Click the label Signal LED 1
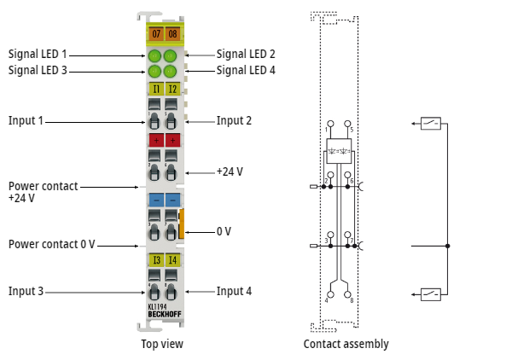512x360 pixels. point(38,54)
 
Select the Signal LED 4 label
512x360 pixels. point(246,70)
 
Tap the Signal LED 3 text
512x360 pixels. point(38,70)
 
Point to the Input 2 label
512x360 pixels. point(234,121)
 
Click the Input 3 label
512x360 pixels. point(26,291)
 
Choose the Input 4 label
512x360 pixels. point(234,291)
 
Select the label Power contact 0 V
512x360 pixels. point(51,244)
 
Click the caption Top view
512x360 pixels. point(162,344)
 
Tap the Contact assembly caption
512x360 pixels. point(346,344)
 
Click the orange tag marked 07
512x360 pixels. point(154,34)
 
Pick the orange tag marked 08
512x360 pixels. point(172,34)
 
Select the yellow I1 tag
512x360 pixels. point(154,89)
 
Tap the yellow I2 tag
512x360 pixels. point(172,89)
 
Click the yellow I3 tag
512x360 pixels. point(154,260)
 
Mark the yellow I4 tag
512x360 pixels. point(172,260)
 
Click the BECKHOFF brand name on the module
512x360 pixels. point(163,314)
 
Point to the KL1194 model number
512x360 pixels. point(158,306)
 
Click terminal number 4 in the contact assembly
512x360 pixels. point(327,299)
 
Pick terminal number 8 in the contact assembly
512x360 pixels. point(351,299)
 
